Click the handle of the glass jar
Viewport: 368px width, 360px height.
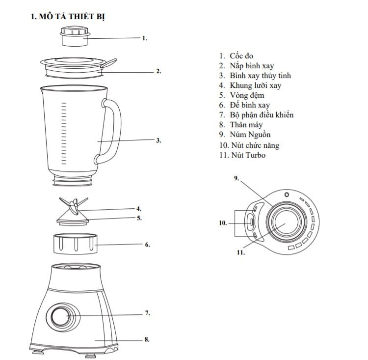click(112, 130)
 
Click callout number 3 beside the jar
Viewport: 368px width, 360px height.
click(158, 140)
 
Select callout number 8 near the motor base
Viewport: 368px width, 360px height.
click(147, 339)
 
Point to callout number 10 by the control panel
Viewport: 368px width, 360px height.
click(223, 222)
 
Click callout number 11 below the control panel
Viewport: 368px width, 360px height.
click(240, 253)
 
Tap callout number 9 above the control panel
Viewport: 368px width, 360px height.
click(236, 178)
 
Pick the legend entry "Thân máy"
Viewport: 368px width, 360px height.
click(246, 125)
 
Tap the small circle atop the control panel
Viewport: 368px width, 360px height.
click(287, 194)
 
